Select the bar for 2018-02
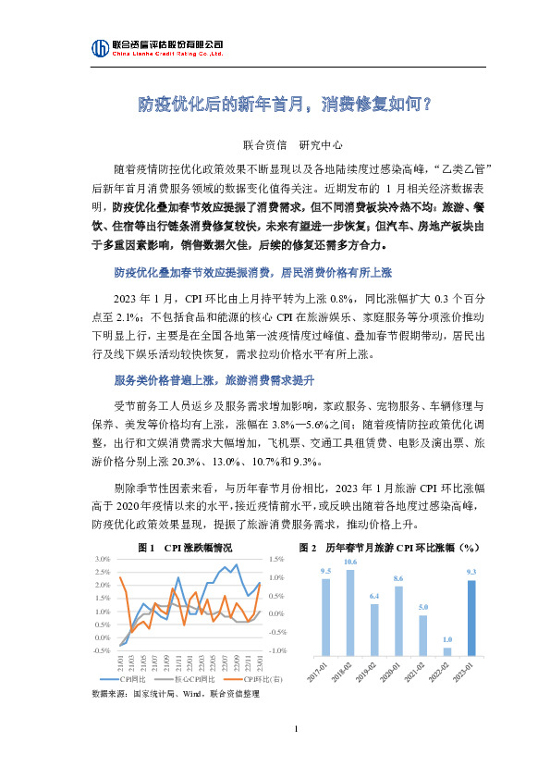tap(350, 612)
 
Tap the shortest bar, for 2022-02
tap(446, 650)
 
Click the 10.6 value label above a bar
tap(350, 563)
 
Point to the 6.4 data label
tap(374, 596)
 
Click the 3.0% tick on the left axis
tap(103, 559)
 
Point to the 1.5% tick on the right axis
tap(276, 559)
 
